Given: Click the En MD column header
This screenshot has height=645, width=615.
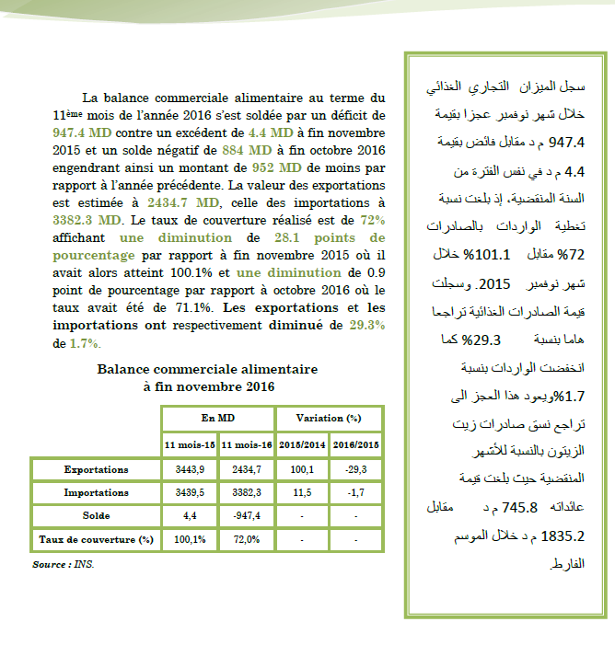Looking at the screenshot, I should (217, 418).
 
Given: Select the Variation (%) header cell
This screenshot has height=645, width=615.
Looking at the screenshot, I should (329, 418).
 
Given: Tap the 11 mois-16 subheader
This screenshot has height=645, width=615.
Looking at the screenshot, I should (247, 444).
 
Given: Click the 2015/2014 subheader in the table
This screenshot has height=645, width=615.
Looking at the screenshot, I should (303, 444).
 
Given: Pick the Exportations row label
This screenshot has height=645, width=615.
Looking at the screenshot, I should (96, 469).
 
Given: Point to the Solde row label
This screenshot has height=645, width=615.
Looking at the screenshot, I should (96, 515).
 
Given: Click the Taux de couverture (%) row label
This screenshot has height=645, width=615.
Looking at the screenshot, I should (96, 539).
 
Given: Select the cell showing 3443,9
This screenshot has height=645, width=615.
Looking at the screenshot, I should (190, 469).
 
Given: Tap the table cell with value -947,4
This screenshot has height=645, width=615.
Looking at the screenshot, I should (247, 515).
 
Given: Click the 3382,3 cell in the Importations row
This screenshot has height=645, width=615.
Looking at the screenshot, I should (247, 492).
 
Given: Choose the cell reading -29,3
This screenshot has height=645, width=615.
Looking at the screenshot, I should (356, 469).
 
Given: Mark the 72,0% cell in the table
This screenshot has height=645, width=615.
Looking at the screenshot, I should (247, 539).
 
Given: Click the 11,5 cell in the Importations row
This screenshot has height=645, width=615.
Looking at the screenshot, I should (303, 492).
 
